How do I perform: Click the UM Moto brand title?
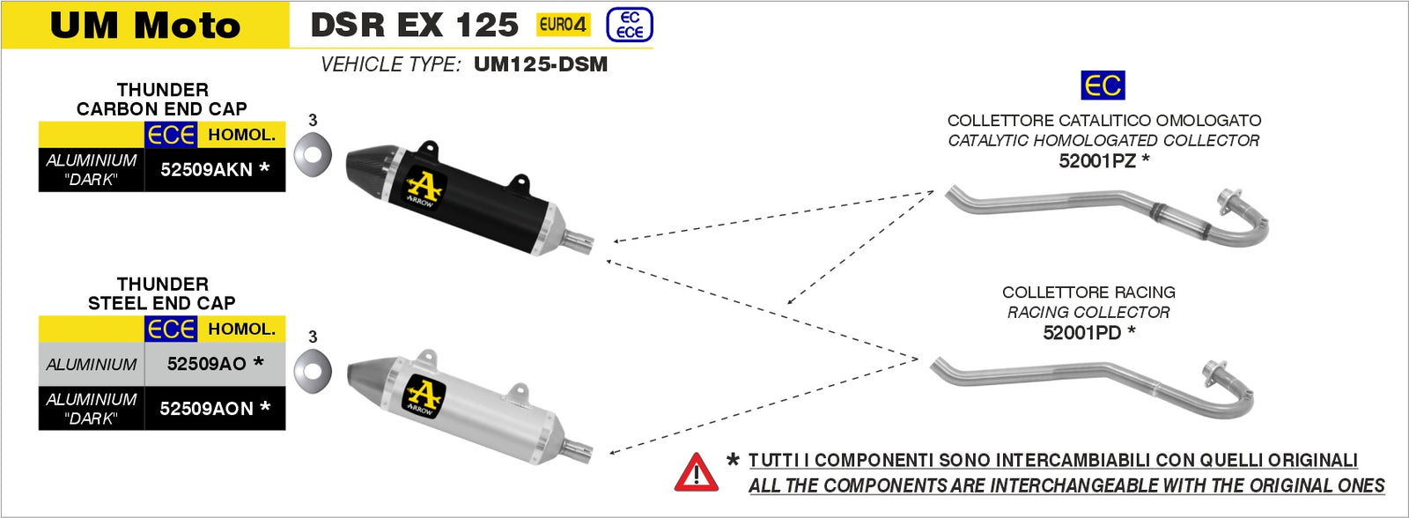tap(145, 26)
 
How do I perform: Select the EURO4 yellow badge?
tap(563, 25)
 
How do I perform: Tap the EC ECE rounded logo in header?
tap(630, 25)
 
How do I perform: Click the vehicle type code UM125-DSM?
tap(540, 64)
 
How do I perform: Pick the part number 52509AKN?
tap(207, 169)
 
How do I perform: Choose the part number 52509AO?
tap(207, 364)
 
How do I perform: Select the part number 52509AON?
tap(207, 409)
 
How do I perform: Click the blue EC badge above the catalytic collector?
tap(1103, 85)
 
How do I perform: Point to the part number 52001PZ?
tap(1097, 160)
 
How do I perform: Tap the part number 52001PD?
tap(1082, 332)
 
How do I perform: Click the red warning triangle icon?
tap(696, 473)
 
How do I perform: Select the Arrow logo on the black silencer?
tap(424, 187)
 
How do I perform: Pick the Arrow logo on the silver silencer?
tap(423, 395)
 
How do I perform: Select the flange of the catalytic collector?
tap(1229, 200)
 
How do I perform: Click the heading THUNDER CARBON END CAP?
tap(162, 99)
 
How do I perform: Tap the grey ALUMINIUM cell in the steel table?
tap(92, 364)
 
